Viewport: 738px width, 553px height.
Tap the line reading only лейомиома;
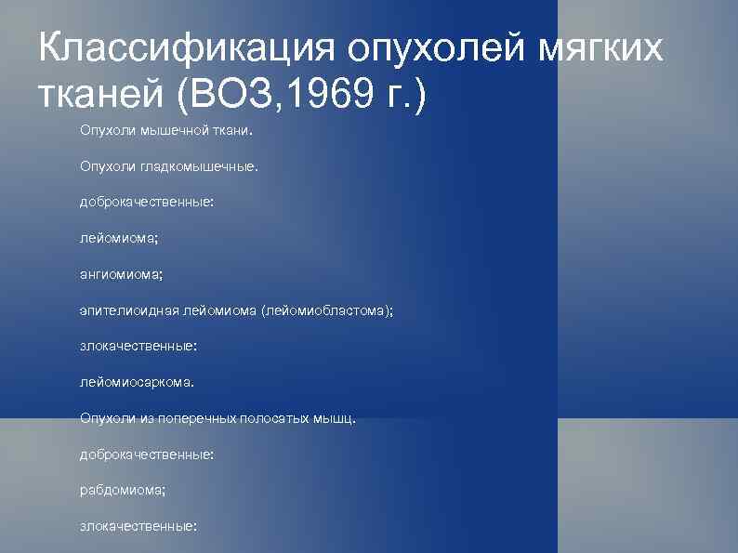tap(119, 239)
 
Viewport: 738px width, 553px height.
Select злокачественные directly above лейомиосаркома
tap(138, 347)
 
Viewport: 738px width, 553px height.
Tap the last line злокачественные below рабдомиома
tap(138, 526)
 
